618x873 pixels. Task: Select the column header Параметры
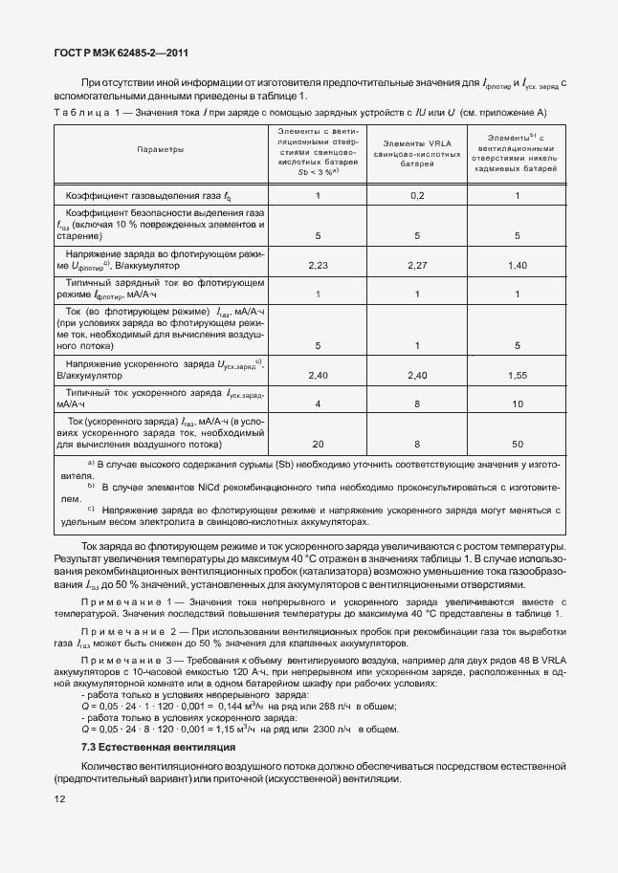pos(160,150)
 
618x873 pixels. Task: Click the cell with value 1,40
pos(518,265)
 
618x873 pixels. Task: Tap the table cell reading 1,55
pos(518,375)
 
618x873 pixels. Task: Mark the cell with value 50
pos(518,444)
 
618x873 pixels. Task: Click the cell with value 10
pos(518,404)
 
